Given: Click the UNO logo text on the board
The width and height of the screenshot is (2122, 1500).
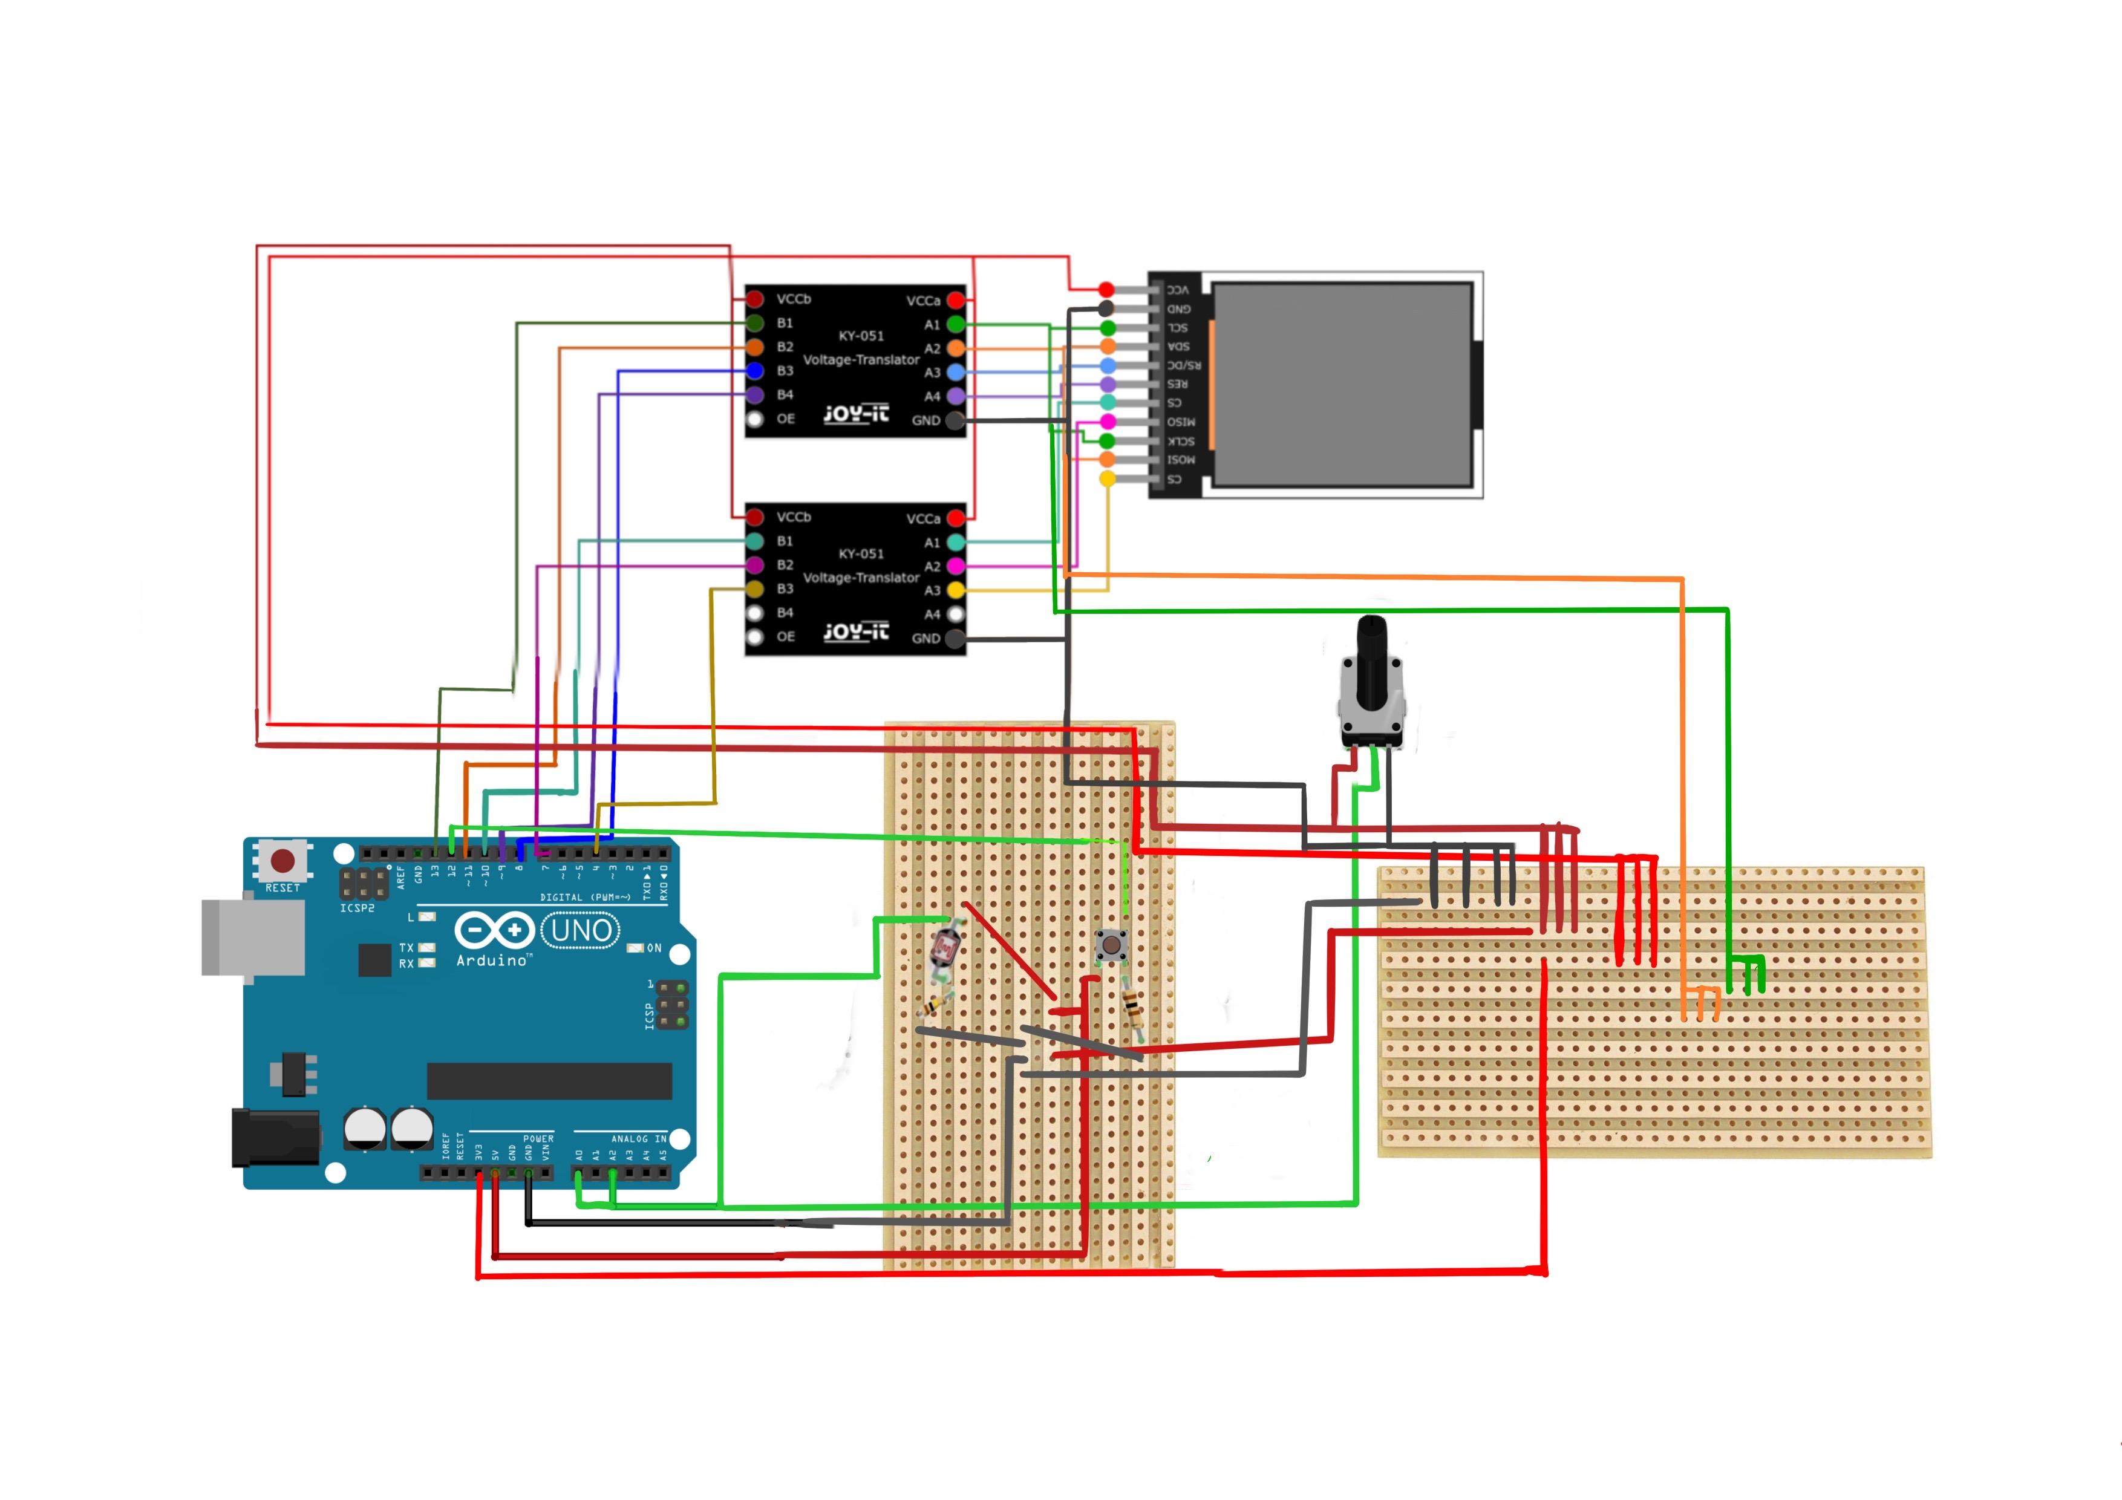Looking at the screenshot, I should click(x=581, y=930).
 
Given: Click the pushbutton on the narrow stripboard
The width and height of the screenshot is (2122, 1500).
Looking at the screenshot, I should click(x=1110, y=945).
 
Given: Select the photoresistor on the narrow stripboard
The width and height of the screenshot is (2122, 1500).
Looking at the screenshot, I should click(x=947, y=947).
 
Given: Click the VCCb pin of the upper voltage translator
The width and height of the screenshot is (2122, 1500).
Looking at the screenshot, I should click(x=755, y=299).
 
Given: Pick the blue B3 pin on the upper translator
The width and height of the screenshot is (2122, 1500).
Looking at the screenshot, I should click(x=755, y=371).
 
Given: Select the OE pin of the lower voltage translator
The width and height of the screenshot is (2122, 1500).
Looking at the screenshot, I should click(x=755, y=637).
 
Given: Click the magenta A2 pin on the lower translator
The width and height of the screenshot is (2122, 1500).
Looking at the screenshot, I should click(x=956, y=566).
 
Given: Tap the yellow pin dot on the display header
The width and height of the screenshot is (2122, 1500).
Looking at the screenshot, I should click(x=1107, y=478).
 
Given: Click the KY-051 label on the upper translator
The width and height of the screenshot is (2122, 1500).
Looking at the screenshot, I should click(x=860, y=336).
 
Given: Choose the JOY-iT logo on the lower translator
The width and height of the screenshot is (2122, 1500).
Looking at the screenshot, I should click(x=856, y=632).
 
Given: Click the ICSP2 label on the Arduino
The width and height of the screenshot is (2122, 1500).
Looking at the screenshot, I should click(x=357, y=908).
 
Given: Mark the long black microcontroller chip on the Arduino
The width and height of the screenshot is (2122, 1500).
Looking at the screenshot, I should click(x=549, y=1080).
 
